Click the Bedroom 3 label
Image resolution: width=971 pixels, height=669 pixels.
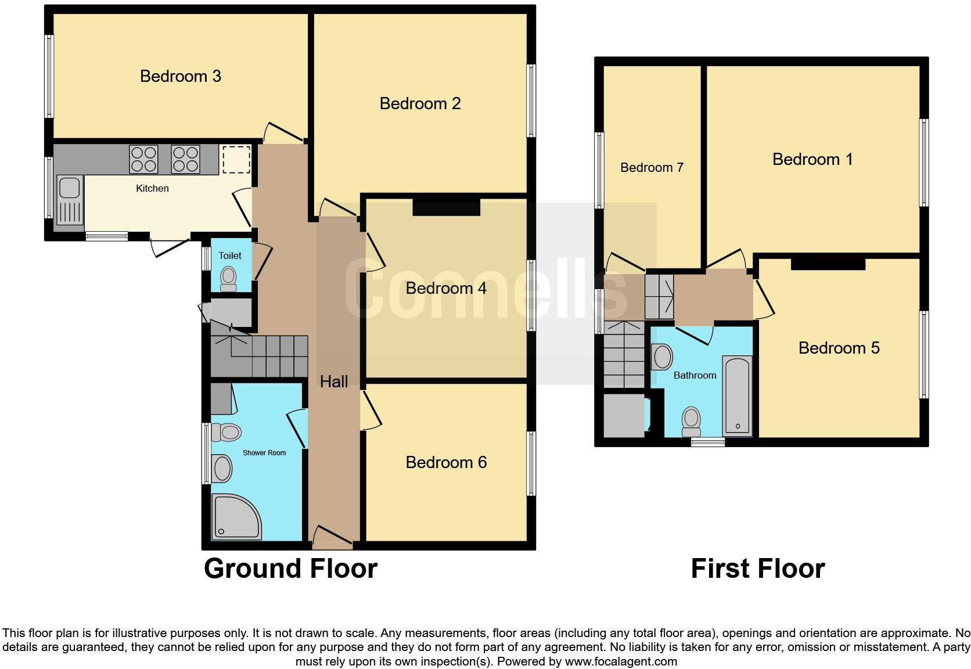(x=181, y=76)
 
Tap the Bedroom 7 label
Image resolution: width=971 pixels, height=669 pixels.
(x=652, y=168)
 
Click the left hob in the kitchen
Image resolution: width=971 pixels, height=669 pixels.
(x=143, y=159)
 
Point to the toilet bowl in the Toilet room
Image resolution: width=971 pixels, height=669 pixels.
(x=229, y=277)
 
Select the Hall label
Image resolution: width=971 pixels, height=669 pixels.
(x=334, y=382)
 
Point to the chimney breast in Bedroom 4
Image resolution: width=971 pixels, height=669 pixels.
(x=446, y=207)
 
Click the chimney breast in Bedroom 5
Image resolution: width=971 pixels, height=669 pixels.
(x=828, y=264)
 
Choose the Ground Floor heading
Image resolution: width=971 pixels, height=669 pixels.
(x=290, y=569)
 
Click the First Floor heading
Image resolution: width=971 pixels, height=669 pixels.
(x=757, y=569)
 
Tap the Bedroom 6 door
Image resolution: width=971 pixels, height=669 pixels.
(x=372, y=410)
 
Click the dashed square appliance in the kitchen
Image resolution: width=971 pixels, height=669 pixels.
(x=236, y=160)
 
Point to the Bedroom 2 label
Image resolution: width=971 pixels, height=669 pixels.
(x=420, y=104)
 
